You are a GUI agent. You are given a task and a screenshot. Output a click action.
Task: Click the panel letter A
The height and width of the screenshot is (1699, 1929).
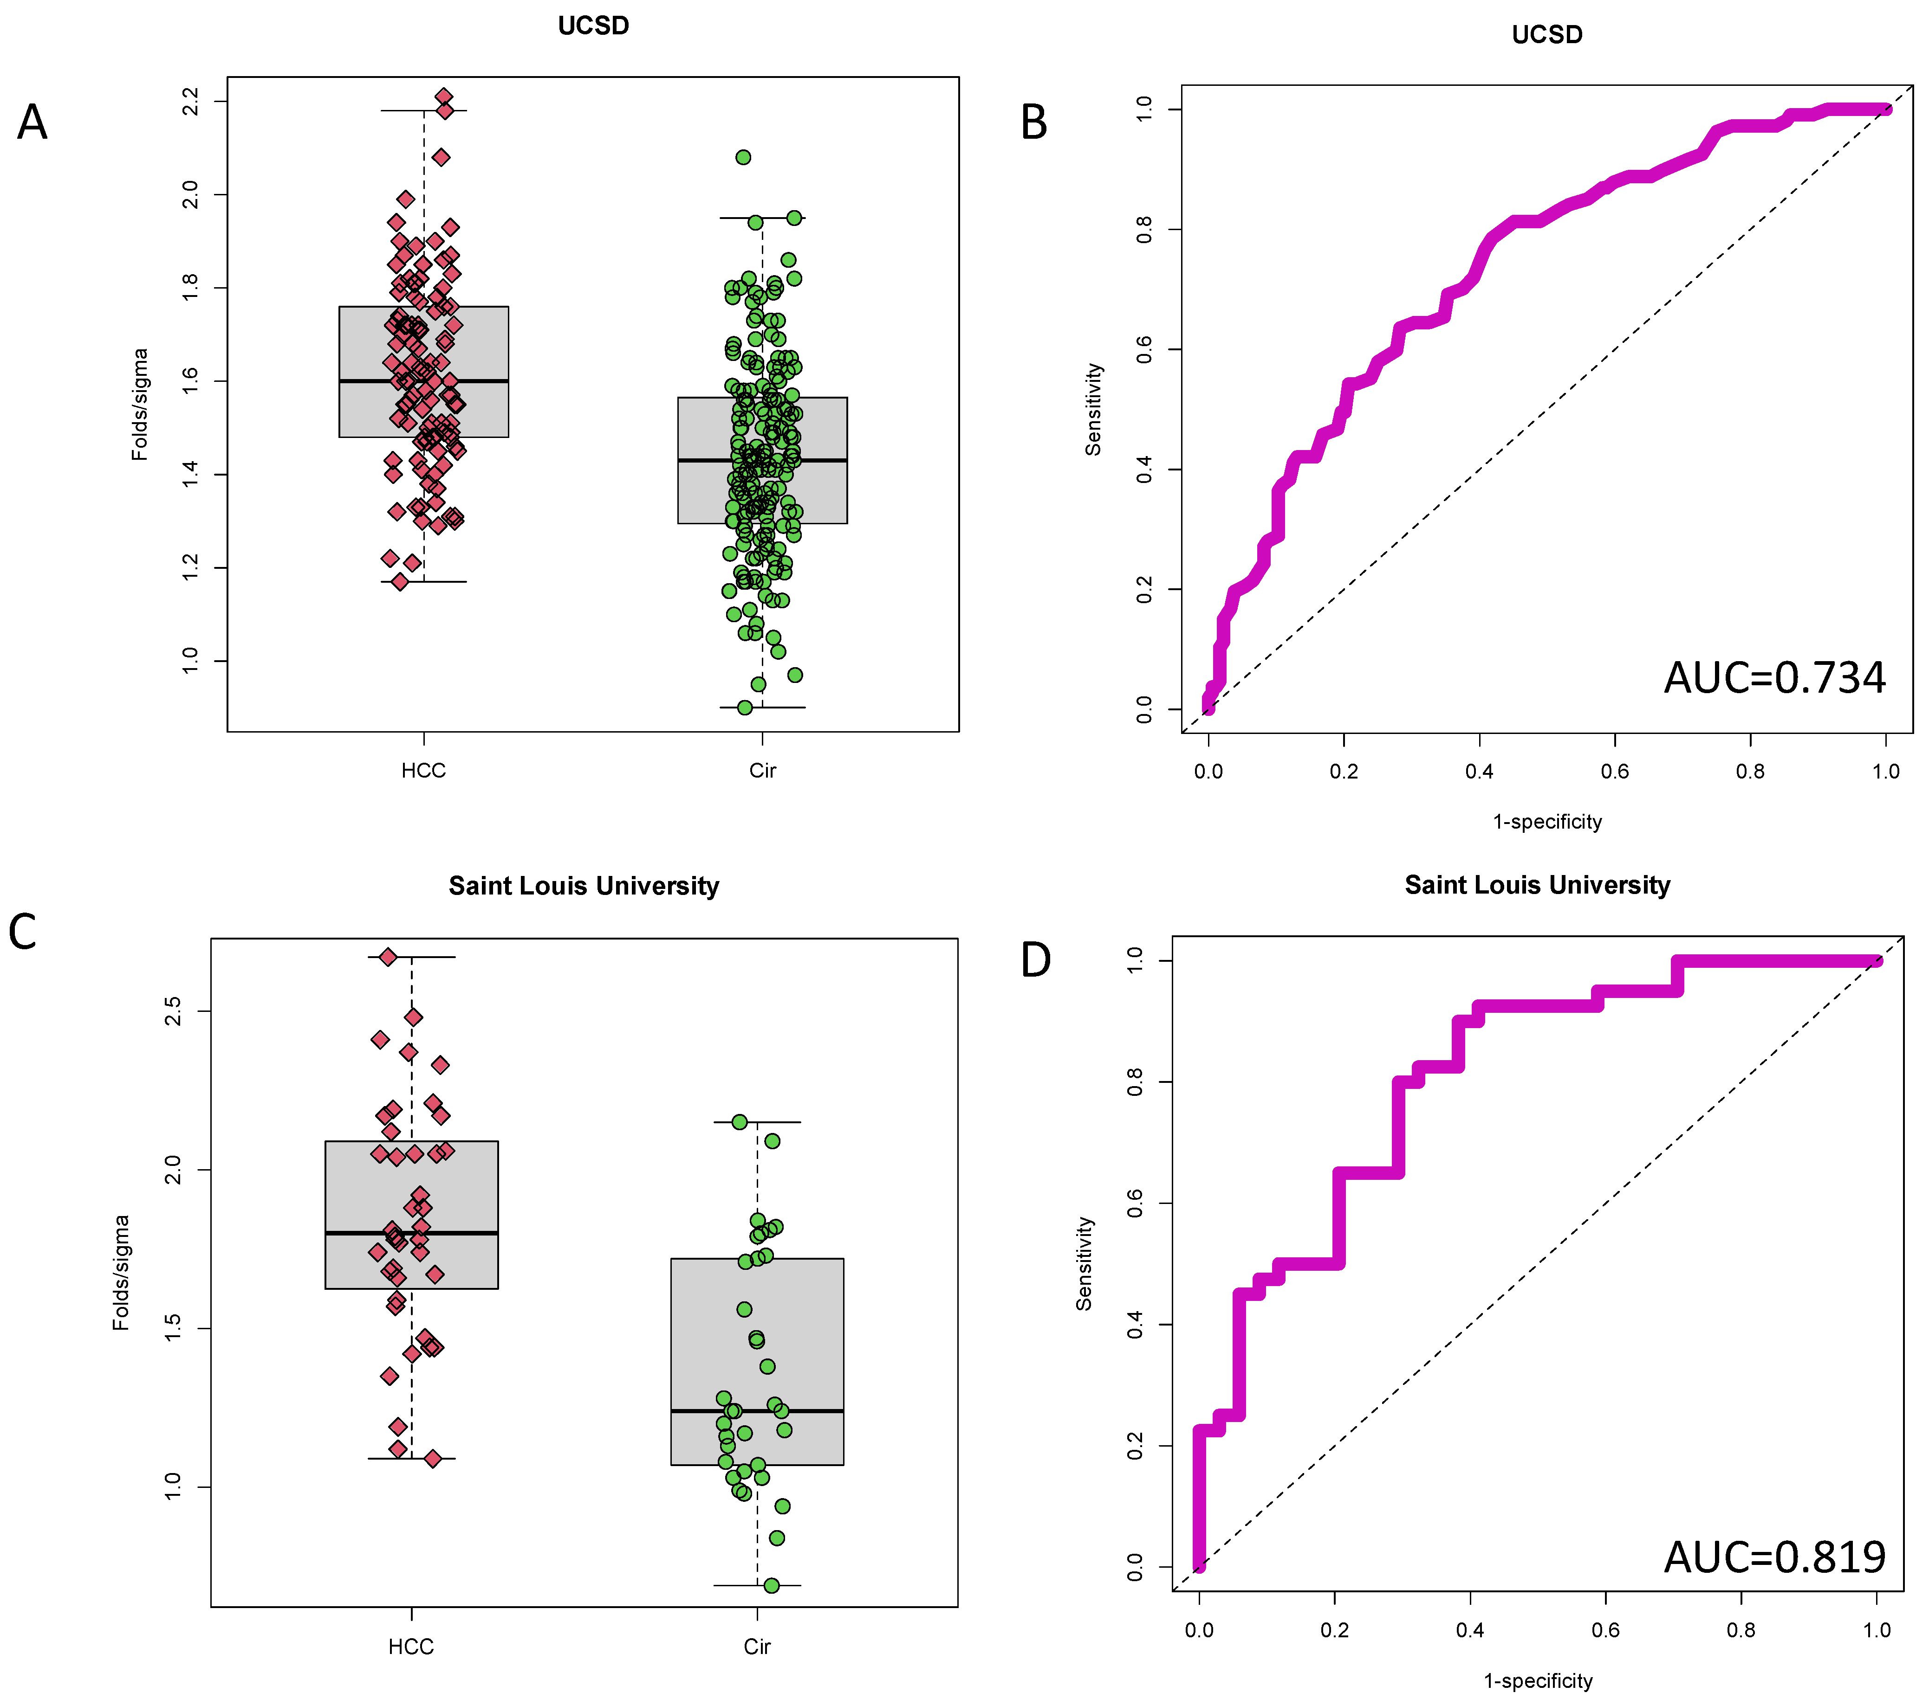coord(32,122)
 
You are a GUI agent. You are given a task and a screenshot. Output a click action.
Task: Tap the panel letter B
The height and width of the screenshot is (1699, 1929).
coord(1034,122)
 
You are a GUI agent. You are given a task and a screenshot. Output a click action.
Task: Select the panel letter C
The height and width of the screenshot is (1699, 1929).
coord(23,932)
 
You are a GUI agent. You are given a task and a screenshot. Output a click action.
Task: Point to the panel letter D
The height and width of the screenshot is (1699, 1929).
coord(1036,960)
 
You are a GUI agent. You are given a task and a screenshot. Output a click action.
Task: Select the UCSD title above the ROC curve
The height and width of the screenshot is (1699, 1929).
coord(1547,35)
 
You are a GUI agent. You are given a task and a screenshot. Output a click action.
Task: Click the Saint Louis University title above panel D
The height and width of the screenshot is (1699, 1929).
coord(1537,885)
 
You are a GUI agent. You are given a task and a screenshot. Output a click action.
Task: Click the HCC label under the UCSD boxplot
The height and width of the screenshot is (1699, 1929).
coord(424,771)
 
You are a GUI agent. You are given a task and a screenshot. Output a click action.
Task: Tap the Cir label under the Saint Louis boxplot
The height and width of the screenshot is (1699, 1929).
coord(757,1647)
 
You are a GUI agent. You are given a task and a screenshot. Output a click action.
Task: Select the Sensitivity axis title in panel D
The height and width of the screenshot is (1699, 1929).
coord(1085,1263)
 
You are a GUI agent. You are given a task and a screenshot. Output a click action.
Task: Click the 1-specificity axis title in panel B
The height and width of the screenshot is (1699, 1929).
coord(1547,822)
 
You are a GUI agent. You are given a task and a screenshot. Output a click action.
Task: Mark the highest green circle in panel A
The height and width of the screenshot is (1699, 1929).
coord(744,157)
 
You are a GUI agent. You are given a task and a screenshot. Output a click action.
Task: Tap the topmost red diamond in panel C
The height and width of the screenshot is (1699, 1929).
coord(388,957)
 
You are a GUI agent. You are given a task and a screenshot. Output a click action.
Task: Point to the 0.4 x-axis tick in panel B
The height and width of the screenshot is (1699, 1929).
coord(1479,772)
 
